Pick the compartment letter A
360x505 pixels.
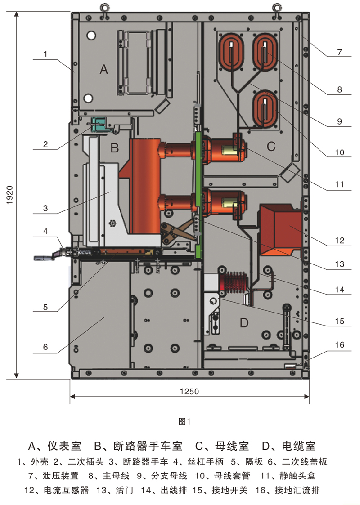tap(104, 69)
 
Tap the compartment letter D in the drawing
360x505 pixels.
tap(244, 322)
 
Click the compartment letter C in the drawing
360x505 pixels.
tap(271, 146)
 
